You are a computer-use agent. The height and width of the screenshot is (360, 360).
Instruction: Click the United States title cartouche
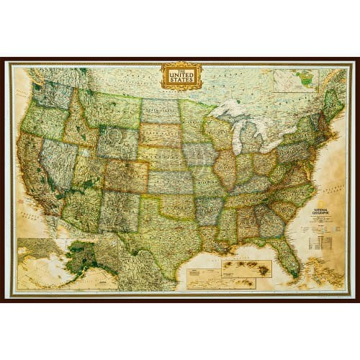click(181, 75)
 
